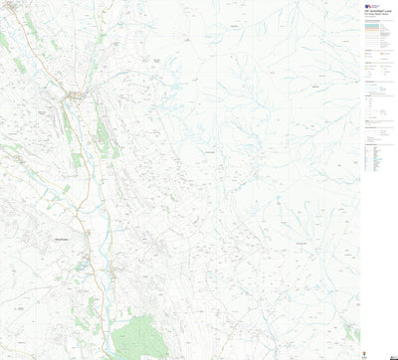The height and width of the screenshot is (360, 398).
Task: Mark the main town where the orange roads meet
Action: pyautogui.click(x=76, y=95)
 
